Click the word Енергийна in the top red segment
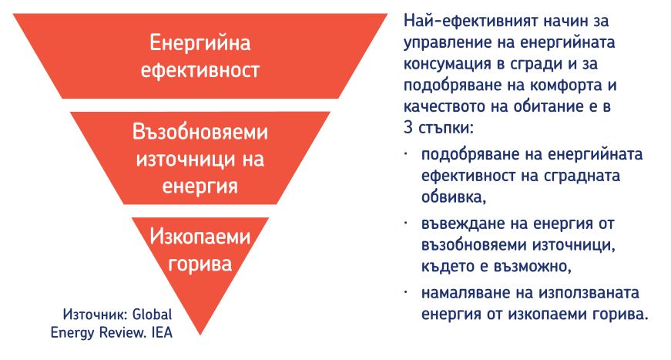[x=200, y=43]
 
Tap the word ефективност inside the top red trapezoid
[x=200, y=70]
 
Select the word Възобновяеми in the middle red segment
[x=200, y=132]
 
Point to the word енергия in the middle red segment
[x=200, y=187]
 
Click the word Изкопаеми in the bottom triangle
[x=200, y=237]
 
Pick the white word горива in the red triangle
[x=200, y=264]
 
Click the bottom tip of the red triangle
[x=200, y=335]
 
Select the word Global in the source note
[x=153, y=315]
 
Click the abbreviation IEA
[x=163, y=332]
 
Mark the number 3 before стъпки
[x=408, y=127]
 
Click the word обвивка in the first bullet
[x=454, y=197]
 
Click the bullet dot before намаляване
[x=406, y=291]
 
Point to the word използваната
[x=589, y=293]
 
